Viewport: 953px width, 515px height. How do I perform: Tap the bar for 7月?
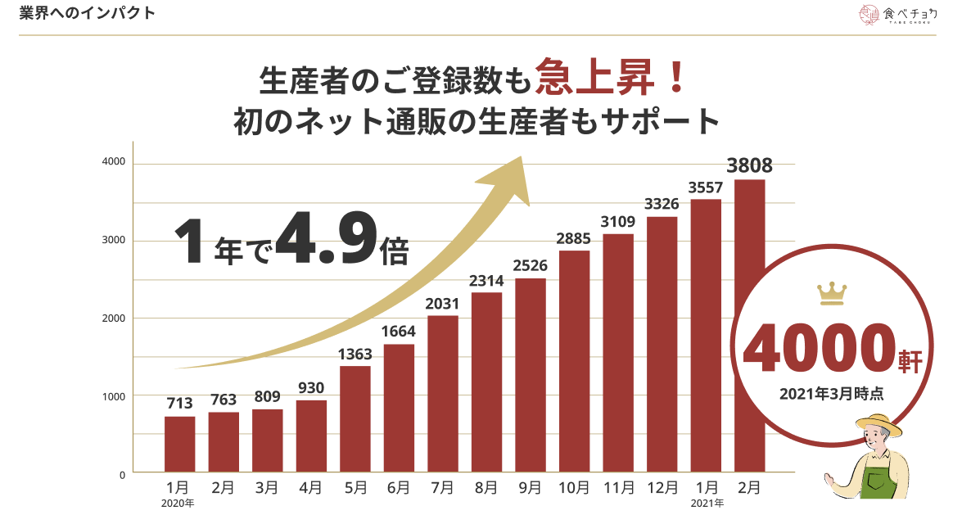click(x=443, y=393)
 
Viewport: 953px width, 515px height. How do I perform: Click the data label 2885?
click(x=574, y=239)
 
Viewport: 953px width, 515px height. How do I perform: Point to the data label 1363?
click(x=355, y=355)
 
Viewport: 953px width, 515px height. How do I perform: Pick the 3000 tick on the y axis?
click(x=114, y=241)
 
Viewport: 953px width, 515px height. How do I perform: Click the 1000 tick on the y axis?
click(x=114, y=396)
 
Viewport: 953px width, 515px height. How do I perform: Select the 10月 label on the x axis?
click(x=574, y=488)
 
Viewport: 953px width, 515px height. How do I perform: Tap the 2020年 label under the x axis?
click(x=178, y=503)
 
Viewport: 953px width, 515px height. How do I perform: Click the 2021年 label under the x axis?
click(x=707, y=503)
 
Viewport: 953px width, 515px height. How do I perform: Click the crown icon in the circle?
click(x=832, y=292)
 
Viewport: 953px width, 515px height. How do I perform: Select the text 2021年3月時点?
click(x=831, y=394)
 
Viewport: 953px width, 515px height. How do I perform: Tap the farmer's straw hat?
click(x=880, y=426)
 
